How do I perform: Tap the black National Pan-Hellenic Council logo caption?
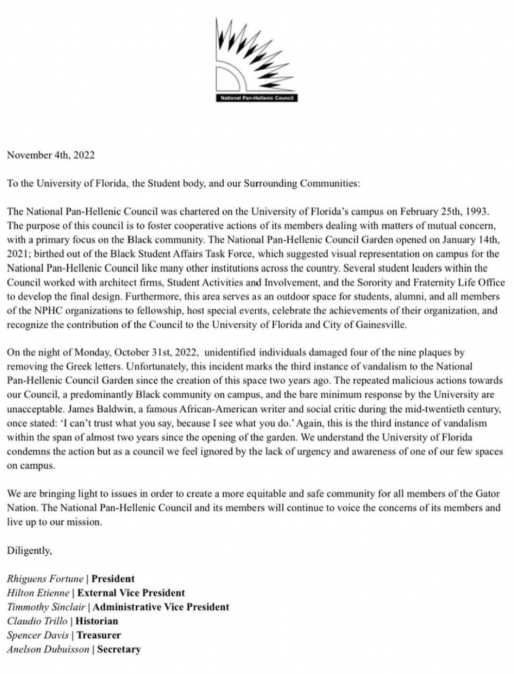256,98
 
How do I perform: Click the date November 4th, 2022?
50,155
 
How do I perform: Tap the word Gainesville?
377,325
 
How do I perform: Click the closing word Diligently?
29,550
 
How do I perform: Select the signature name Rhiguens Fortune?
45,579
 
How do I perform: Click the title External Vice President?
131,593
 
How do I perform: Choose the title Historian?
97,621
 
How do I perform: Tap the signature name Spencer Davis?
38,635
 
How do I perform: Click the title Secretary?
118,649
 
